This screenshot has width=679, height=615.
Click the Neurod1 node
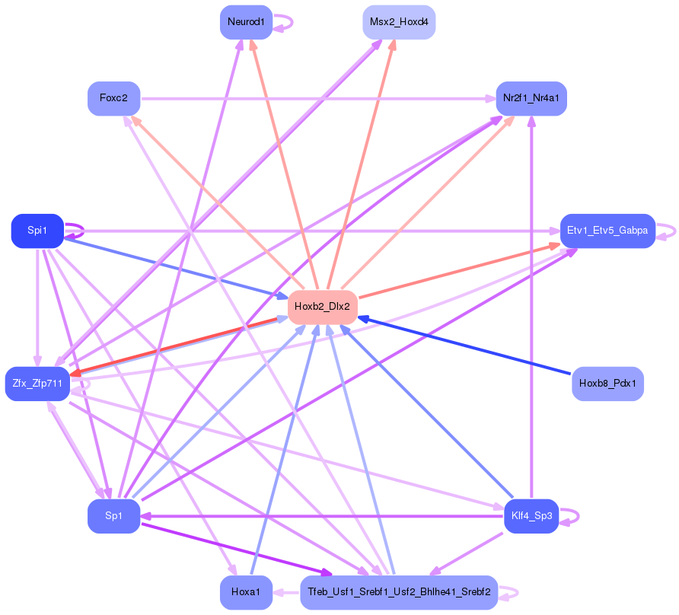[x=246, y=22]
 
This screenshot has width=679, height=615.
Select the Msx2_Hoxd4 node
[x=399, y=22]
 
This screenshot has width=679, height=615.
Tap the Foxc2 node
[x=114, y=98]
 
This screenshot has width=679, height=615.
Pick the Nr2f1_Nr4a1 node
[x=531, y=98]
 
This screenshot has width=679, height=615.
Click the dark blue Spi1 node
[x=37, y=231]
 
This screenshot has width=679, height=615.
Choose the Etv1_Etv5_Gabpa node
[x=607, y=231]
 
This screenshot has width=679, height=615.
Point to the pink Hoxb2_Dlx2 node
[x=323, y=307]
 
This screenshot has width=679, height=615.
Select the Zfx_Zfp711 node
[x=37, y=384]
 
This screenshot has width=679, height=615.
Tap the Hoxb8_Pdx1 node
[x=607, y=384]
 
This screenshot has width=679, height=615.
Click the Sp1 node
[x=114, y=516]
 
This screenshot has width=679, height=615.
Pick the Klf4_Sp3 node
[x=531, y=516]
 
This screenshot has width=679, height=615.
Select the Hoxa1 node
[x=246, y=592]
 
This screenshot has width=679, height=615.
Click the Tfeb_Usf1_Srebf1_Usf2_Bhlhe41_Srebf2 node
[x=399, y=592]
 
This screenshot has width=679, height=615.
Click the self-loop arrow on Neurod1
[x=284, y=23]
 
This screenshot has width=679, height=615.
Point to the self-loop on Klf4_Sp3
[x=570, y=517]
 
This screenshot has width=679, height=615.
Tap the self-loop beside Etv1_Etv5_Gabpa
[x=667, y=231]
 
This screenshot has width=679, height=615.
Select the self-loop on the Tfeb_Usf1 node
[x=508, y=593]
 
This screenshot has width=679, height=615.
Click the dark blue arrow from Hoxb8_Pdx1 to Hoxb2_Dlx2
[x=464, y=346]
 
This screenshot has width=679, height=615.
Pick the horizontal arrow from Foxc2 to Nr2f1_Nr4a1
[x=318, y=99]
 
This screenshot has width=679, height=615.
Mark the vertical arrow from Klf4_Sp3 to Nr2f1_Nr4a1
[x=532, y=307]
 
